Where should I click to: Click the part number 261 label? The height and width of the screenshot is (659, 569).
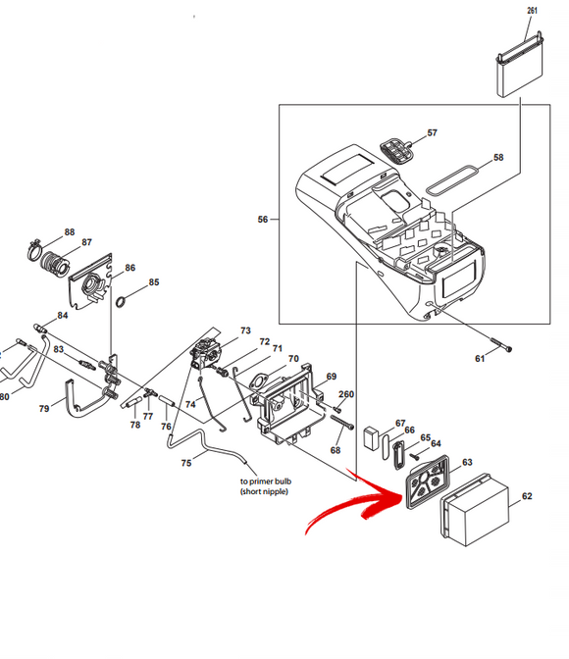532,10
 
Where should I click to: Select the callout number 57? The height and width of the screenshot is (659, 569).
432,132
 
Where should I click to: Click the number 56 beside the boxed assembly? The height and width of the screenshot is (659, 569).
262,219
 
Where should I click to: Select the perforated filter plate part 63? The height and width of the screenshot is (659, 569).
428,482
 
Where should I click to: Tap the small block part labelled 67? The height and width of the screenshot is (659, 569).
372,438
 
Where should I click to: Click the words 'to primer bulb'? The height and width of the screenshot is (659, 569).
266,482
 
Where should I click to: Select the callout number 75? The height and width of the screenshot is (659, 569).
185,463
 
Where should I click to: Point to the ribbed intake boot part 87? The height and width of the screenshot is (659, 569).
55,264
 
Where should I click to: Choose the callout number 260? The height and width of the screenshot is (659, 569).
346,394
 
